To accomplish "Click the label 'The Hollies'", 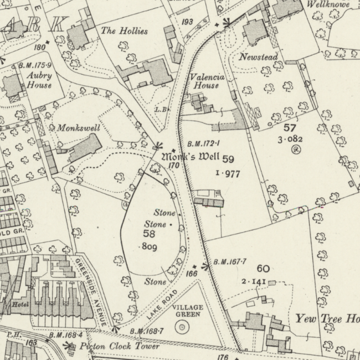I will point(124,31).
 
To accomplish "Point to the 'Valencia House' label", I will point(207,81).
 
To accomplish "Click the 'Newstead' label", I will point(258,57).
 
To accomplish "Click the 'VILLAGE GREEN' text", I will point(188,311).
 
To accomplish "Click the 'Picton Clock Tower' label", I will point(119,347).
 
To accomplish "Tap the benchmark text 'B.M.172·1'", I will point(203,143).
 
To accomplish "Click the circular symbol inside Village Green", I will point(181,327).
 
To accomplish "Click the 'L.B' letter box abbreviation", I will point(161,110).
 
